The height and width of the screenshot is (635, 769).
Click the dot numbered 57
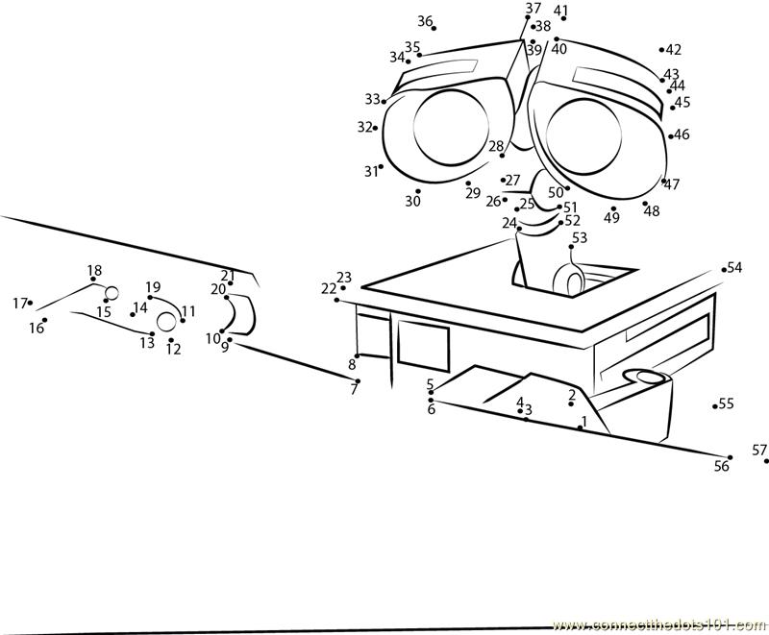pyautogui.click(x=766, y=461)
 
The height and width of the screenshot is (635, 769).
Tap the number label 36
pyautogui.click(x=425, y=21)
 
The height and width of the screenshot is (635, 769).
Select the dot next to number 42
pyautogui.click(x=662, y=49)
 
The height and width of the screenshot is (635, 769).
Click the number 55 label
pyautogui.click(x=727, y=403)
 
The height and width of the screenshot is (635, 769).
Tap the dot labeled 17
pyautogui.click(x=31, y=303)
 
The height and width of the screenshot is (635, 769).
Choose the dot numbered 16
pyautogui.click(x=44, y=320)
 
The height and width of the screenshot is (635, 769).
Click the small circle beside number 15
pyautogui.click(x=112, y=293)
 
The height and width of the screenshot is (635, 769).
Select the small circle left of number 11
pyautogui.click(x=167, y=321)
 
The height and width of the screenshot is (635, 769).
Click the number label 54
pyautogui.click(x=735, y=267)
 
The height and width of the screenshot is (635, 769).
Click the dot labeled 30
pyautogui.click(x=418, y=191)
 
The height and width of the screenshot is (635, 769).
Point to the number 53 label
pyautogui.click(x=580, y=237)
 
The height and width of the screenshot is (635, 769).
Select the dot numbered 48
pyautogui.click(x=645, y=203)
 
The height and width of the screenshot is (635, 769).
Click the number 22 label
pyautogui.click(x=329, y=288)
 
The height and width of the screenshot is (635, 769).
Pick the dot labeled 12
pyautogui.click(x=171, y=339)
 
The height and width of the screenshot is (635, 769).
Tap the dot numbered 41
pyautogui.click(x=563, y=18)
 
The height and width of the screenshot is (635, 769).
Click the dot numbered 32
pyautogui.click(x=375, y=128)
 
